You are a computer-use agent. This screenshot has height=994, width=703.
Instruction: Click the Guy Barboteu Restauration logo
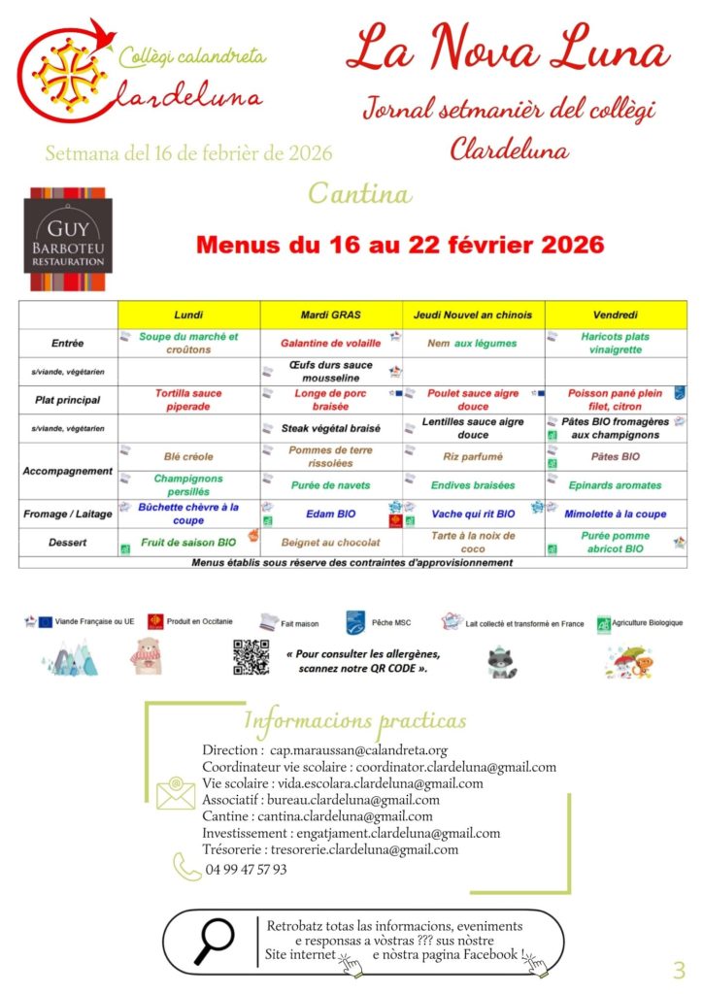coord(68,240)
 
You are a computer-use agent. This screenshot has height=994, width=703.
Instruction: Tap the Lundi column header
coord(188,315)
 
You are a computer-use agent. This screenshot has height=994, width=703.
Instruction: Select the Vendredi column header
coord(615,315)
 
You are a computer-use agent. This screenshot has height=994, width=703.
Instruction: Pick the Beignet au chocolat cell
coord(331,543)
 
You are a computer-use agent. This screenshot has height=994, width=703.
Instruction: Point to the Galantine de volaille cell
coord(331,343)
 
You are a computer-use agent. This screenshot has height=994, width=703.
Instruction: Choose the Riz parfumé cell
coord(473,456)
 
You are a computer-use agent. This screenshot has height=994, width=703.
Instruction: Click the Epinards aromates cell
coord(616,484)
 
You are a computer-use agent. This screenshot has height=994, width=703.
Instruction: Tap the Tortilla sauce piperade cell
coord(188,399)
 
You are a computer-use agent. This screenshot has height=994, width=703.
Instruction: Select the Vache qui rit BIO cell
coord(473,514)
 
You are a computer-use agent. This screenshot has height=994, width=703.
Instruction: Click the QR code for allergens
coord(251,657)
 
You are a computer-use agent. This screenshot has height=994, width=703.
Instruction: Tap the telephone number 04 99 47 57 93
coord(246,870)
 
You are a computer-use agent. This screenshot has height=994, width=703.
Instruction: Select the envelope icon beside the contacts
coord(176,793)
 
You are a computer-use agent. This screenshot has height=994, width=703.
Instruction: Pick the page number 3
coord(679,969)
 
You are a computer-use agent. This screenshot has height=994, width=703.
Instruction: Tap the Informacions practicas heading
coord(354,720)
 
